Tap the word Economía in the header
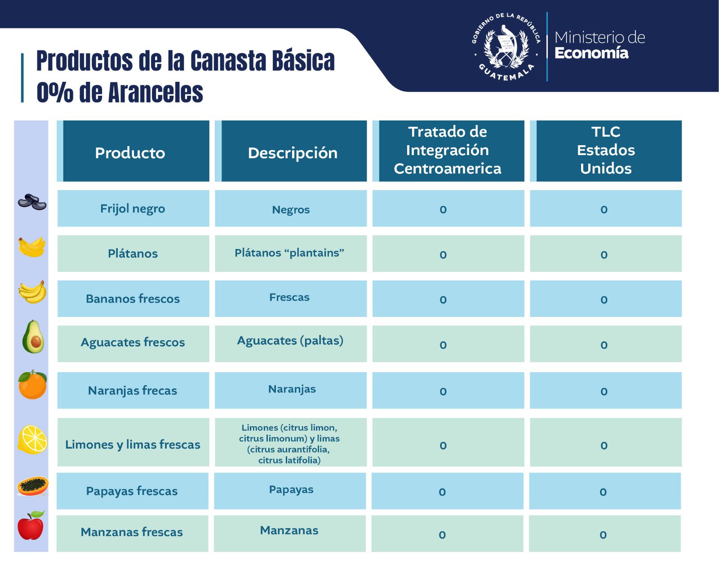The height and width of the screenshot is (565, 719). click(x=591, y=53)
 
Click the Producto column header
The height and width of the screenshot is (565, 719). click(x=130, y=153)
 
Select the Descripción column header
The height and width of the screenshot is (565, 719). click(x=293, y=153)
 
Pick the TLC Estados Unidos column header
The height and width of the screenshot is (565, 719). click(x=606, y=150)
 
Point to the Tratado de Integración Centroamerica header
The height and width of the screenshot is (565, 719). click(x=448, y=150)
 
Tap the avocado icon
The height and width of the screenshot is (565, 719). click(x=33, y=337)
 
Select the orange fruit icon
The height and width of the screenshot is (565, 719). click(x=32, y=385)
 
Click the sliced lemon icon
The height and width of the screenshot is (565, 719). click(x=32, y=439)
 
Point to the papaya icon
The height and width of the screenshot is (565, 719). click(x=32, y=486)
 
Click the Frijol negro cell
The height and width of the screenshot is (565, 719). click(x=133, y=209)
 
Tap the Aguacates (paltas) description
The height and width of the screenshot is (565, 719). click(x=290, y=341)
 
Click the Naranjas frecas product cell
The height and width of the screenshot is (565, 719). click(x=133, y=391)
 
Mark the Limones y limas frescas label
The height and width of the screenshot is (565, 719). click(x=133, y=445)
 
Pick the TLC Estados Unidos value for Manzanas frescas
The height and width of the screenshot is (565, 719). click(x=603, y=534)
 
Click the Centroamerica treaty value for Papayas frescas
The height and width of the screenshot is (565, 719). click(x=442, y=492)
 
